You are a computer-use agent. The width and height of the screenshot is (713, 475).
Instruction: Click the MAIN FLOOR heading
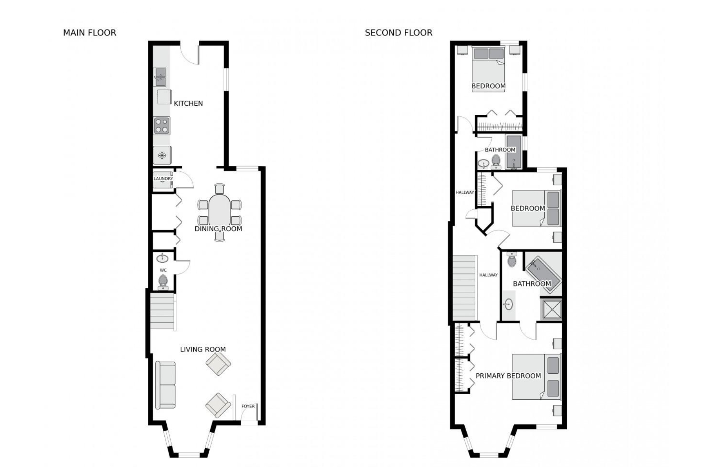pyautogui.click(x=90, y=33)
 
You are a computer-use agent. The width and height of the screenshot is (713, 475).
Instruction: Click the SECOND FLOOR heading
pyautogui.click(x=398, y=33)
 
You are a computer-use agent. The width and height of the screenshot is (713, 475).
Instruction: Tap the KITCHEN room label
pyautogui.click(x=188, y=103)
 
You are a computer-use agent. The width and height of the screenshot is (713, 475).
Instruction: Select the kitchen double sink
pyautogui.click(x=160, y=77)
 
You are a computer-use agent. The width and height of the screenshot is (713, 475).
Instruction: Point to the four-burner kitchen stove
pyautogui.click(x=162, y=125)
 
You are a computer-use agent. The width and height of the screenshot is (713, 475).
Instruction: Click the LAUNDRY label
pyautogui.click(x=163, y=179)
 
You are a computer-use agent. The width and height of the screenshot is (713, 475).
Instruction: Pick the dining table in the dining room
pyautogui.click(x=219, y=212)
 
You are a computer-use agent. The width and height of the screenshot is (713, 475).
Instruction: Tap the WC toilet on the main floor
pyautogui.click(x=163, y=282)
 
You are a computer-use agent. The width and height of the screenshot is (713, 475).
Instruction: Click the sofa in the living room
pyautogui.click(x=165, y=385)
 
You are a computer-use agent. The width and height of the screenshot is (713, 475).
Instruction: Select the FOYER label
pyautogui.click(x=248, y=406)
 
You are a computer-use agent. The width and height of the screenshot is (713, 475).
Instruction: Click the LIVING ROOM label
pyautogui.click(x=203, y=350)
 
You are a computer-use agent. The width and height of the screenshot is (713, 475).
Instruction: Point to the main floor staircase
pyautogui.click(x=162, y=311)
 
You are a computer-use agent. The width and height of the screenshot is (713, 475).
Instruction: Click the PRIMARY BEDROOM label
pyautogui.click(x=508, y=376)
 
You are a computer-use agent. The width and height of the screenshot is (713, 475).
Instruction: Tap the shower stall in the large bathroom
pyautogui.click(x=551, y=309)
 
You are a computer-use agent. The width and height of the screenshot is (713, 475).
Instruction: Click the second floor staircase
pyautogui.click(x=465, y=288)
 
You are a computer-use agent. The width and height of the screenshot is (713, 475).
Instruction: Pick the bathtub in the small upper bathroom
pyautogui.click(x=514, y=152)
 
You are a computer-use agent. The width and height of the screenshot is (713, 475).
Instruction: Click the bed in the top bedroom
pyautogui.click(x=489, y=69)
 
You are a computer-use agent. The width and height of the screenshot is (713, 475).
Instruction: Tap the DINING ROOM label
pyautogui.click(x=218, y=229)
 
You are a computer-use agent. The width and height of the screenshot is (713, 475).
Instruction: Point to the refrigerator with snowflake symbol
pyautogui.click(x=162, y=155)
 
